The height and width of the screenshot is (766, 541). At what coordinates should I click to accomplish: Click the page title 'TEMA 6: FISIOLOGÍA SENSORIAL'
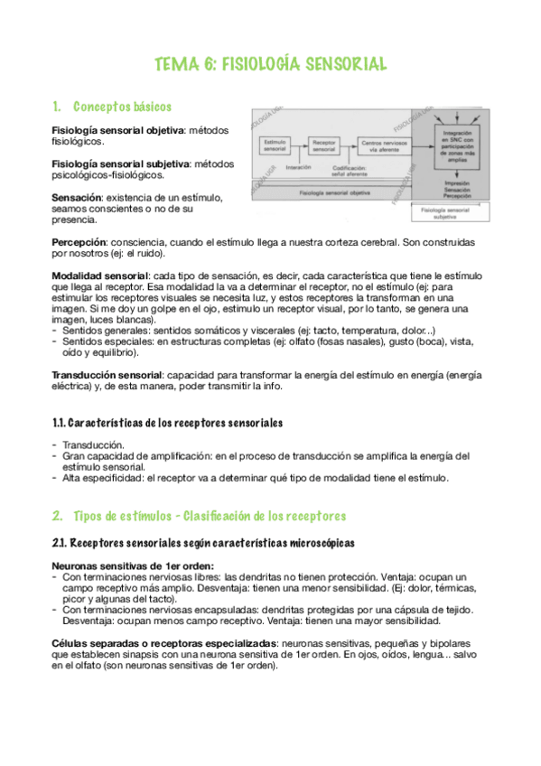(x=271, y=64)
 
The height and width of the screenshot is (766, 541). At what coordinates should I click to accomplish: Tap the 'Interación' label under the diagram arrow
(x=298, y=167)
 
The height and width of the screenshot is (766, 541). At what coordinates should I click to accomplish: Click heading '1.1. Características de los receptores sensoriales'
(x=167, y=422)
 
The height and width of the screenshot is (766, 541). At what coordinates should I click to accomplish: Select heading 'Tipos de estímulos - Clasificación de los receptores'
(x=208, y=516)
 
